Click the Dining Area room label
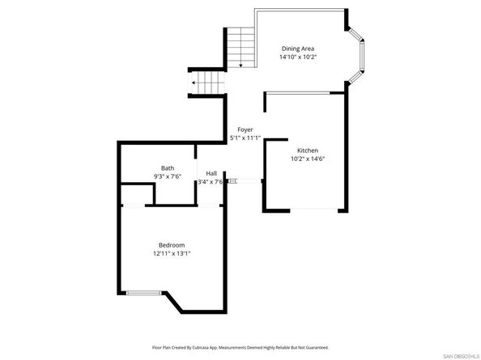tap(298, 49)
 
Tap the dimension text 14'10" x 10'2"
tap(298, 57)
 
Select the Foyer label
tap(245, 129)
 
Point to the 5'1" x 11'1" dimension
tap(245, 138)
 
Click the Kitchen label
tap(307, 151)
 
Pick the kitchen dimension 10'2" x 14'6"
tap(307, 160)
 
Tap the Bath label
tap(167, 167)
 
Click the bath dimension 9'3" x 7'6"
tap(167, 176)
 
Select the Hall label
tap(211, 173)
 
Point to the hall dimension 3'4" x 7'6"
tap(210, 182)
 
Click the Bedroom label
tap(172, 245)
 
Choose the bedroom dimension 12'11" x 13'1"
tap(172, 254)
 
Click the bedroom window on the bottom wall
tap(143, 292)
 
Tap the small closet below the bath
tap(137, 194)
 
